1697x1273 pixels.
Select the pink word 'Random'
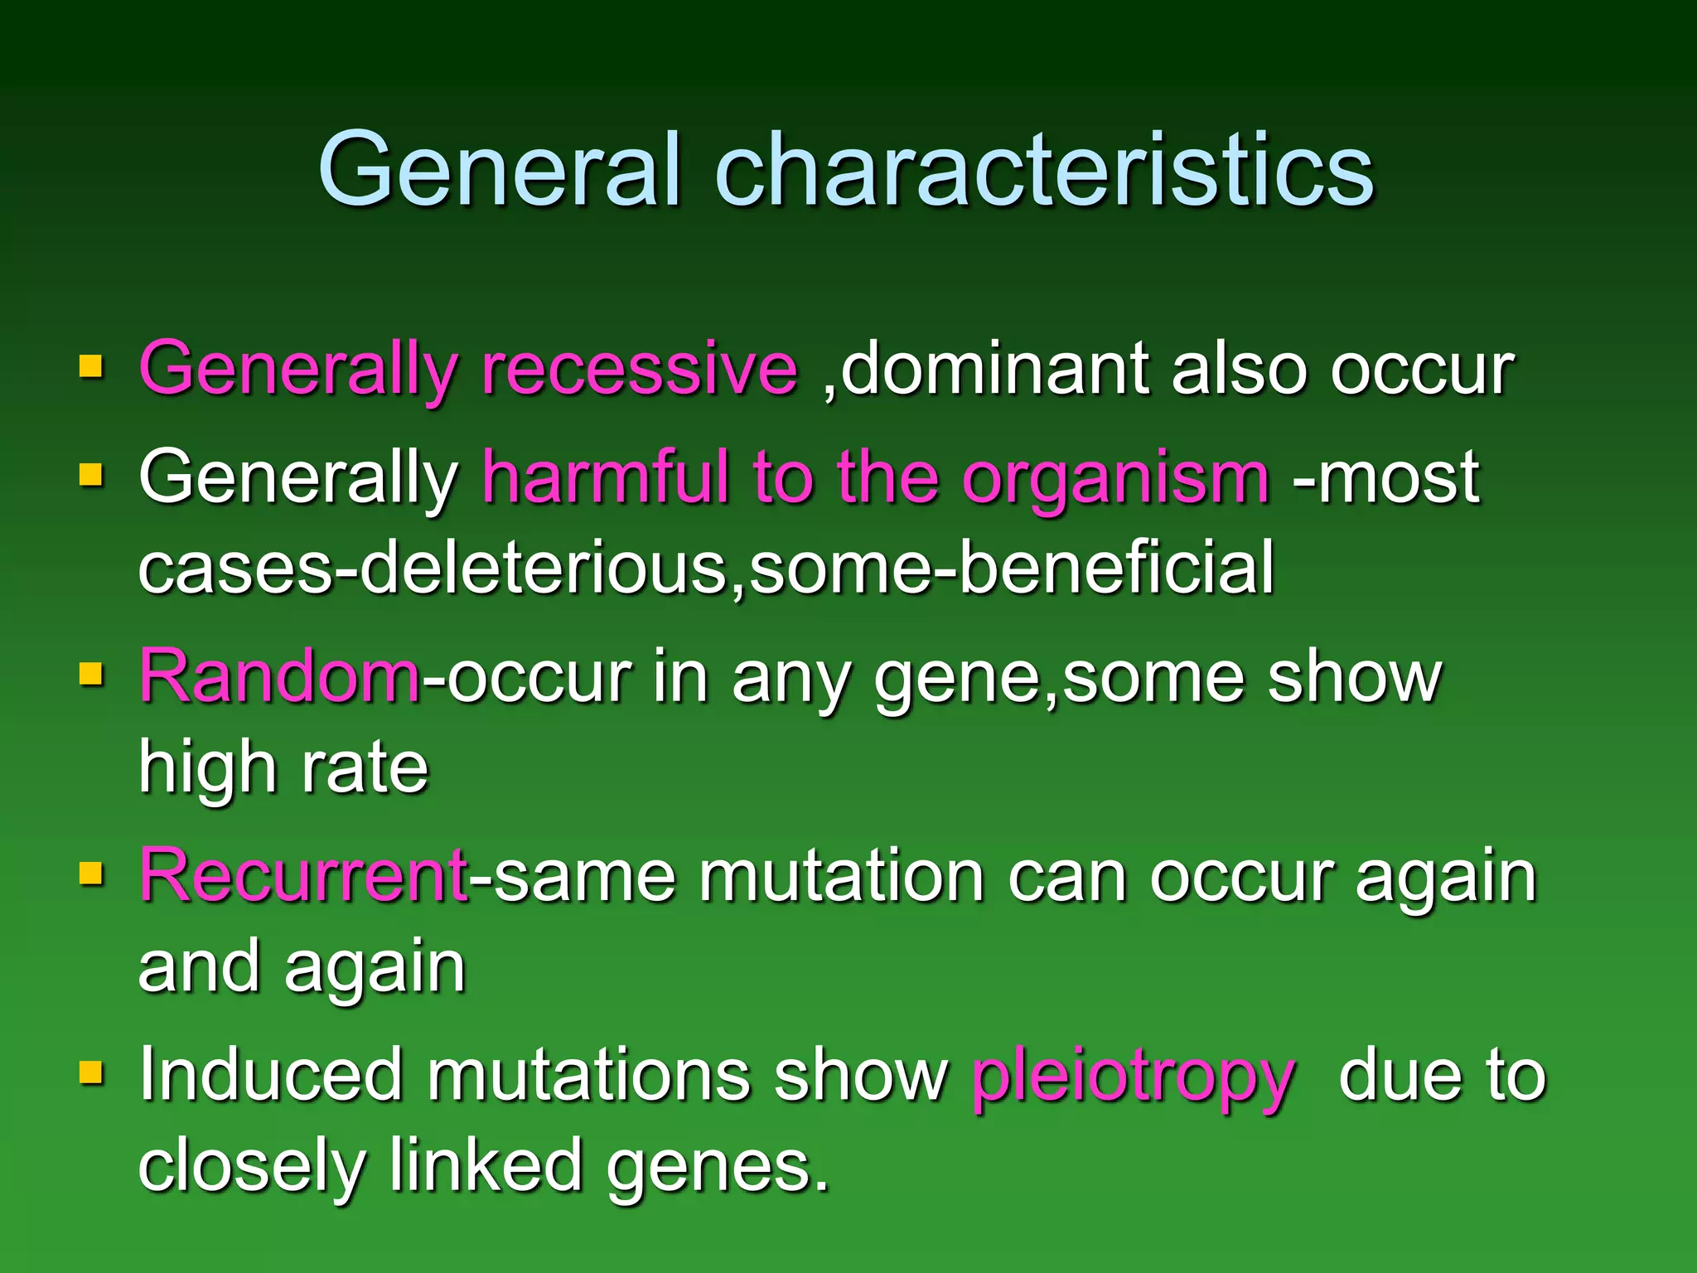click(279, 676)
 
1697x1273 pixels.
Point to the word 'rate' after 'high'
click(365, 768)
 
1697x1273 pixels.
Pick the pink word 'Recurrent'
click(303, 876)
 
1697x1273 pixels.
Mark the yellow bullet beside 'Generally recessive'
click(91, 365)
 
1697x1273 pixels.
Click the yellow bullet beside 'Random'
click(91, 674)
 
